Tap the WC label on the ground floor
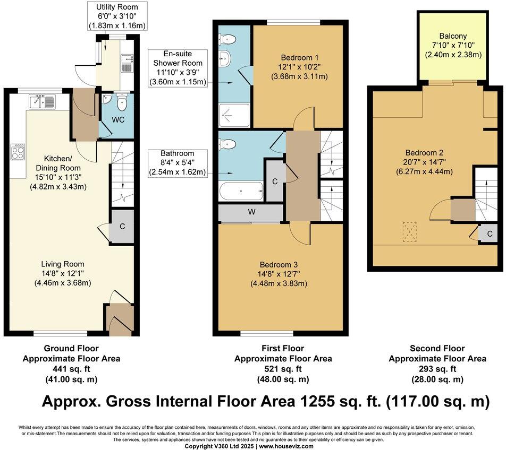[118, 119]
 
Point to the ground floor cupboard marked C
[122, 226]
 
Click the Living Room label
[63, 264]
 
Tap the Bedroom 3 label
[279, 265]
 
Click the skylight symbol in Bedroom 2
[408, 231]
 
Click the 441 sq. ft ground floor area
[71, 369]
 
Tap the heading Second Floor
[437, 349]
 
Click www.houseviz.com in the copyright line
[286, 446]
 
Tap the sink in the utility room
[127, 62]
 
